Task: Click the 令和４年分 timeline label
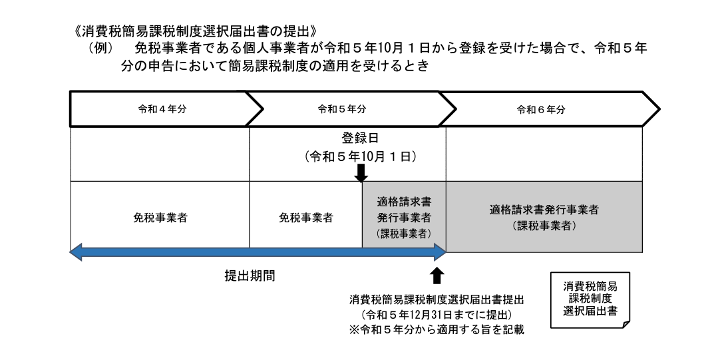(158, 110)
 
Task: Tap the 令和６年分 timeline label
(541, 110)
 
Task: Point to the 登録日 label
(360, 140)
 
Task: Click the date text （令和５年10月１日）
(360, 158)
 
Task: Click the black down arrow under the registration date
(361, 173)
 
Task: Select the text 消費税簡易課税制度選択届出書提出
(438, 299)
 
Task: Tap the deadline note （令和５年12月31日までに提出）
(438, 313)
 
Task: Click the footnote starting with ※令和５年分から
(438, 329)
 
